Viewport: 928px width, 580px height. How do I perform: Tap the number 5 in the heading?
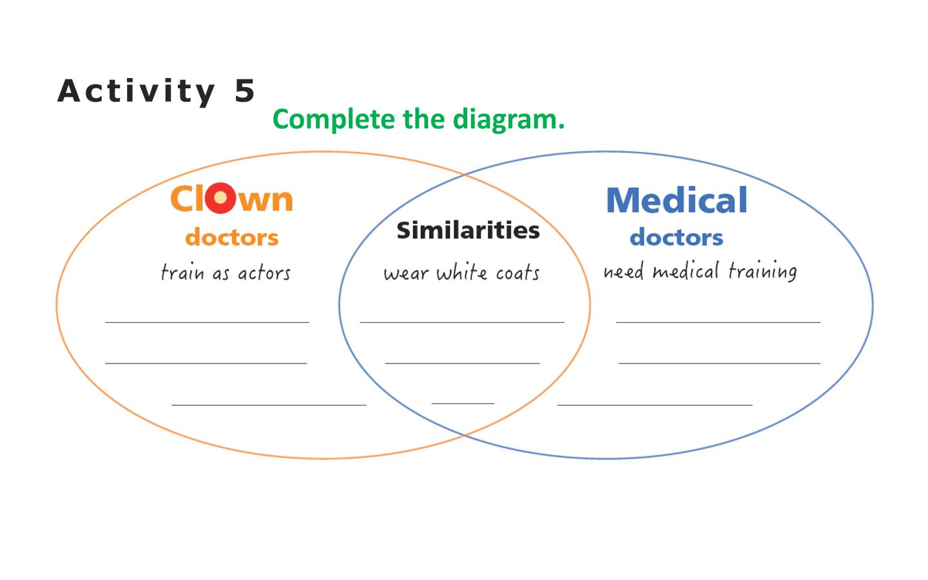[244, 90]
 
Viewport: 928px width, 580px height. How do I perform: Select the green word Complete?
[334, 120]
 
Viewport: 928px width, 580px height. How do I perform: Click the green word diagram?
[508, 120]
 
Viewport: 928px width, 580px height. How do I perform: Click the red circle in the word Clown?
[220, 198]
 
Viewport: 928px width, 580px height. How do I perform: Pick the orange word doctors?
[232, 237]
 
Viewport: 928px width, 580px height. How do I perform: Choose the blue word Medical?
[677, 200]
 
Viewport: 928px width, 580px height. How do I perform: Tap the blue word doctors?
[677, 237]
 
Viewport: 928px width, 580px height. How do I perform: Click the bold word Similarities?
[468, 230]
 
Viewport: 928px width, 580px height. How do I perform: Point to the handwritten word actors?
[264, 273]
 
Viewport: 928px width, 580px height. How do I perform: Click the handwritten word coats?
[518, 273]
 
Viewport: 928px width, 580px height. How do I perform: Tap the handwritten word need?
[624, 272]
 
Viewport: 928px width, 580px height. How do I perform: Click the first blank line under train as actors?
[207, 322]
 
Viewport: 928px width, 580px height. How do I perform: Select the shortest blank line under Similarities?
[463, 403]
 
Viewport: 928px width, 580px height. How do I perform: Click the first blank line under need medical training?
[719, 322]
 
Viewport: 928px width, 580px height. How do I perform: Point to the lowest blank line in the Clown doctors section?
[269, 405]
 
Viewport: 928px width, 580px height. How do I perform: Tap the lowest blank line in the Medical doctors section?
[655, 405]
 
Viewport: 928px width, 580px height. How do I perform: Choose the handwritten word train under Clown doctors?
[183, 272]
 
